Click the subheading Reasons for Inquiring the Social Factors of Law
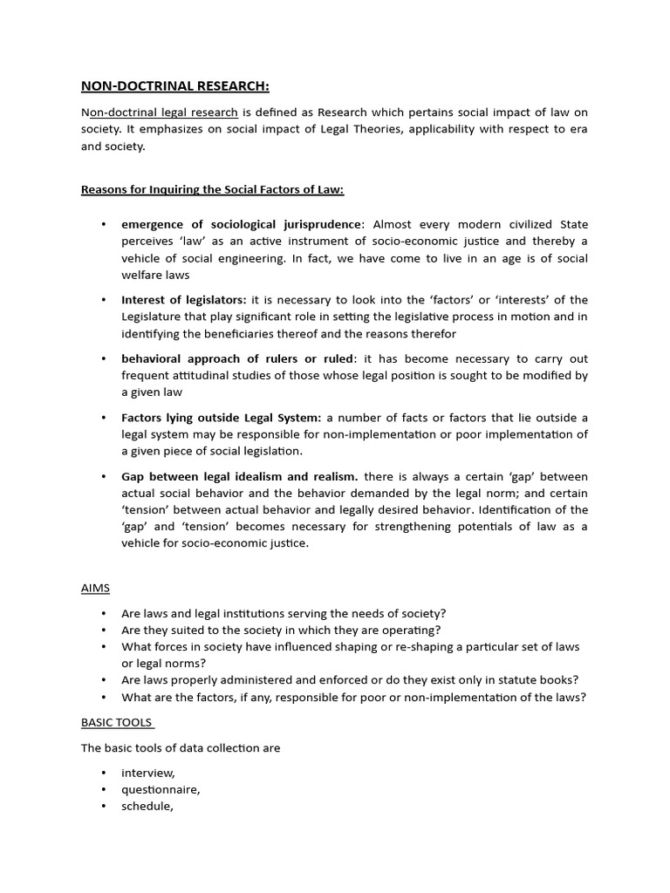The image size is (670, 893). pos(218,189)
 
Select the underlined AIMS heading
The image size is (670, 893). pos(95,589)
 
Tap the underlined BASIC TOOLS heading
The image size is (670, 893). pos(117,722)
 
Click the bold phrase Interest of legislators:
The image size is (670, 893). pos(184,300)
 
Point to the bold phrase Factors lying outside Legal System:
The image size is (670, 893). pos(222,418)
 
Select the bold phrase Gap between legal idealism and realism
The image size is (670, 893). pos(240,476)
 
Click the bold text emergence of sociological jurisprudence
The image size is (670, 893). pos(241,224)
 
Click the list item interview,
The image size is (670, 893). pos(148,773)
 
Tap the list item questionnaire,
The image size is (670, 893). pos(161,789)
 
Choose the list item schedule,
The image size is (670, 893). pos(147,806)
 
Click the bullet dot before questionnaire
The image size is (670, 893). pos(104,789)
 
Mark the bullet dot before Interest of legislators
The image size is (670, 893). pos(104,300)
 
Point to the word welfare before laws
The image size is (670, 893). pos(143,275)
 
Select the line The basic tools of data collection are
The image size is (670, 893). pos(181,747)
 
